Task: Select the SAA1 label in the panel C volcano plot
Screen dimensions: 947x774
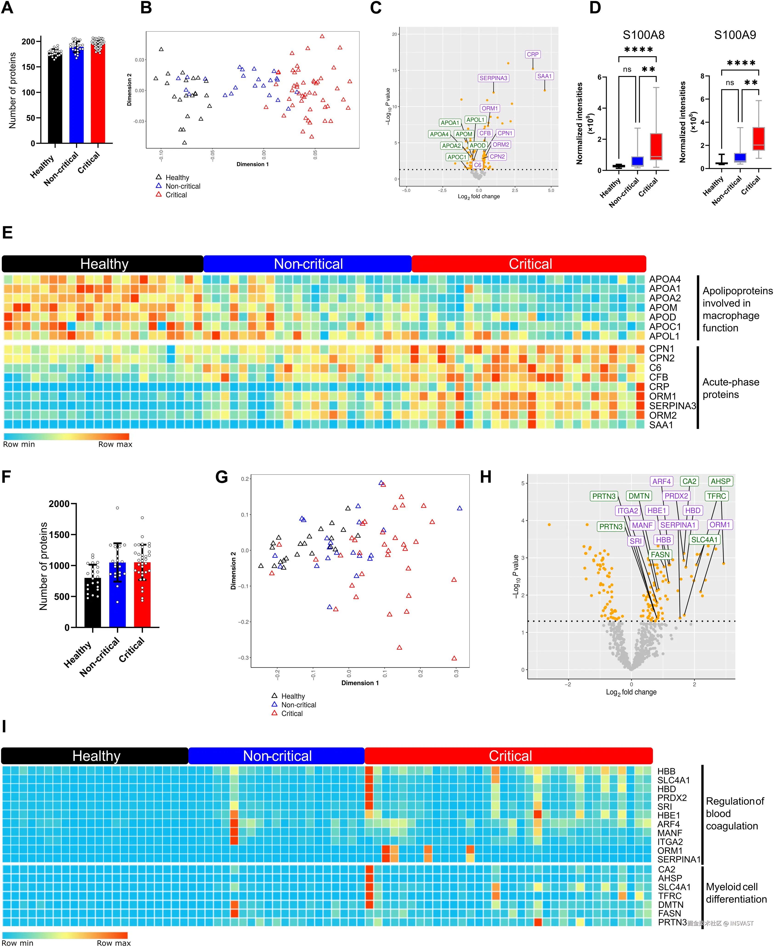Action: tap(544, 76)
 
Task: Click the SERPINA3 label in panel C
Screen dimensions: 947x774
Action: tap(493, 78)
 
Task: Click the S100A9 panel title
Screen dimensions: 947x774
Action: tap(735, 35)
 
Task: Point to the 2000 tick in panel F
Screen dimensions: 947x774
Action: tap(59, 504)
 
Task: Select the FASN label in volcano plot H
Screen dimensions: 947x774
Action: tap(660, 555)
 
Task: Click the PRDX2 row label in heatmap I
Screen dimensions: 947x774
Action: tap(672, 798)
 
